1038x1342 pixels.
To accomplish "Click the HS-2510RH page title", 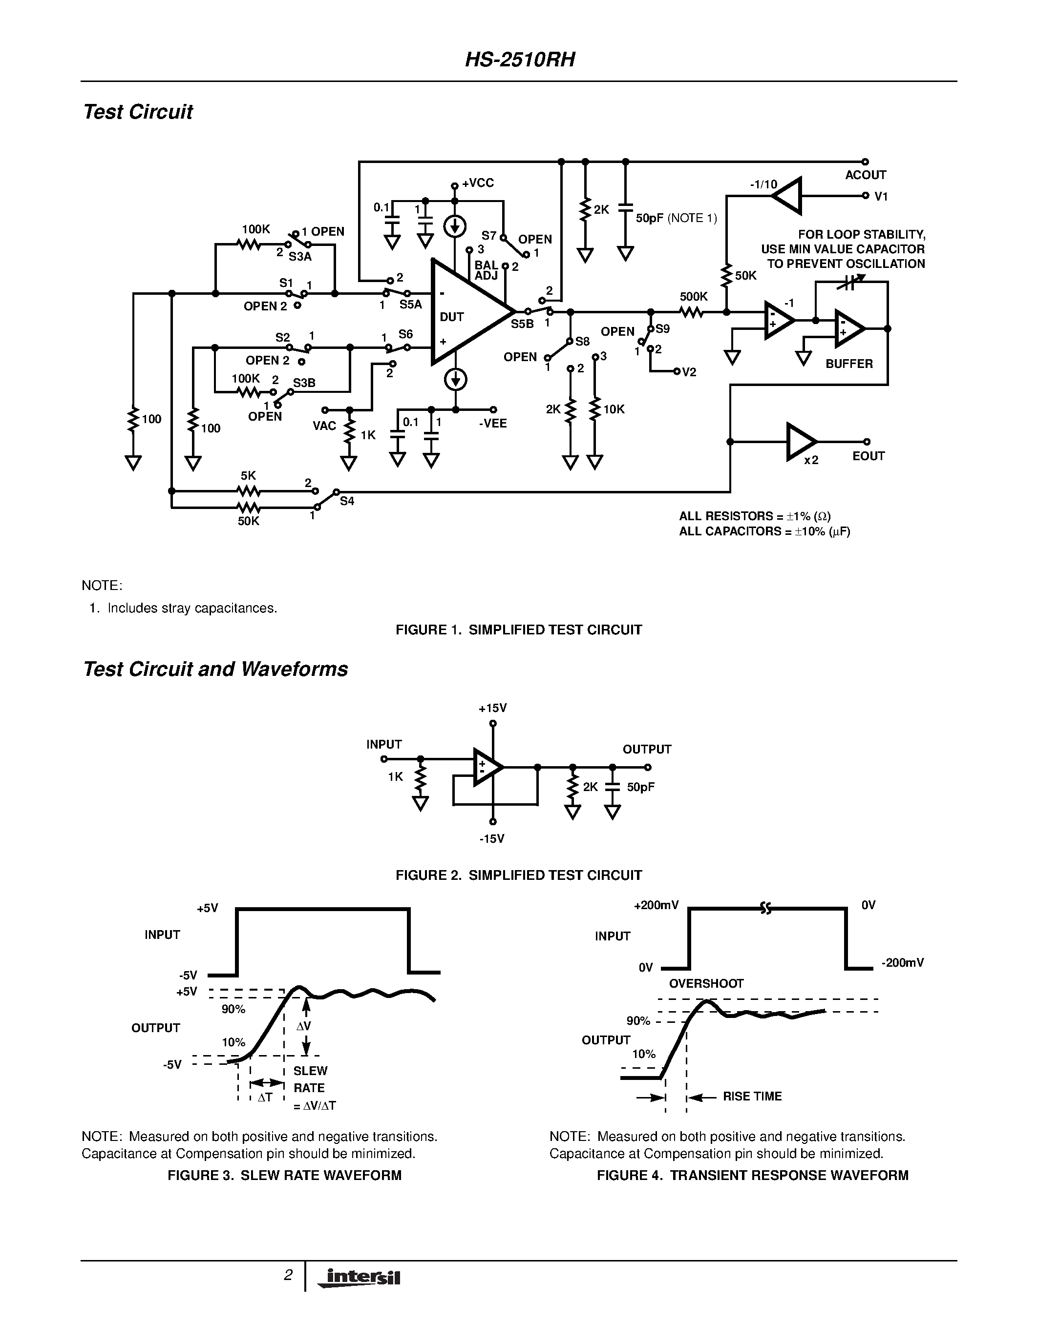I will [x=520, y=60].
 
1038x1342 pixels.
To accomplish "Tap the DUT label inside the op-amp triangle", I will [x=451, y=317].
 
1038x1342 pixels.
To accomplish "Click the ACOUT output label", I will [x=865, y=175].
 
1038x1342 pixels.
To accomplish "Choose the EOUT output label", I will [x=869, y=456].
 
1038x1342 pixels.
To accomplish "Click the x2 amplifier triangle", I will [x=801, y=441].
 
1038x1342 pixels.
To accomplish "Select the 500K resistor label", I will [x=694, y=297].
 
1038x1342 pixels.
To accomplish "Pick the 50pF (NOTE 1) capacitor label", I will [x=676, y=218].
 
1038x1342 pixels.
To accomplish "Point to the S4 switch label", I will [x=347, y=501].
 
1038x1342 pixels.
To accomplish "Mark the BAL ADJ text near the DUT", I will [x=486, y=270].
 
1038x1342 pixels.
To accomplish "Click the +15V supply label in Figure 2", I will [x=492, y=708].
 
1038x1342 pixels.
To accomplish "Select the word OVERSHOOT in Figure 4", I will [x=706, y=983].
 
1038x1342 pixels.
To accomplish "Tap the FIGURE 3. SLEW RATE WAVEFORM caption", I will [x=284, y=1175].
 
